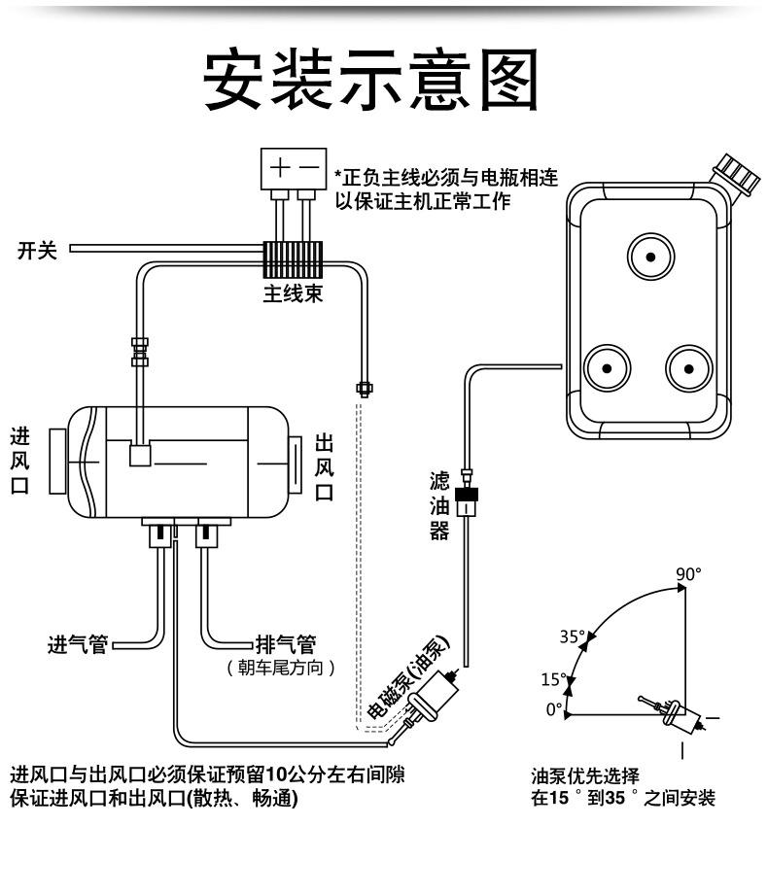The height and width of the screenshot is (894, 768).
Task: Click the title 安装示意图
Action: pyautogui.click(x=370, y=78)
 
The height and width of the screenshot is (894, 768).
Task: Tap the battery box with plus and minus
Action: pyautogui.click(x=294, y=168)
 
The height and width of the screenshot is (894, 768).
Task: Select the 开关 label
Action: pyautogui.click(x=38, y=251)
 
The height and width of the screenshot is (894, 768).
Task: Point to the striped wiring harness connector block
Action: pyautogui.click(x=293, y=257)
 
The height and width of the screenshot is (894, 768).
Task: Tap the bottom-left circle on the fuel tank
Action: pyautogui.click(x=606, y=368)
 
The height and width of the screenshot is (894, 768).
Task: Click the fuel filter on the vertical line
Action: pyautogui.click(x=467, y=503)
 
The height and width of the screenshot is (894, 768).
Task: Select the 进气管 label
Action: pyautogui.click(x=78, y=644)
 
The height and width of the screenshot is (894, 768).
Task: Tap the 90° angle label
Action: pyautogui.click(x=688, y=573)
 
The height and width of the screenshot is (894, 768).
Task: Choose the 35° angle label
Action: pyautogui.click(x=573, y=637)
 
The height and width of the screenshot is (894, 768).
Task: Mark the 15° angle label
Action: pyautogui.click(x=553, y=678)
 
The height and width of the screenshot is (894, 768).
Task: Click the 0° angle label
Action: pyautogui.click(x=554, y=709)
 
